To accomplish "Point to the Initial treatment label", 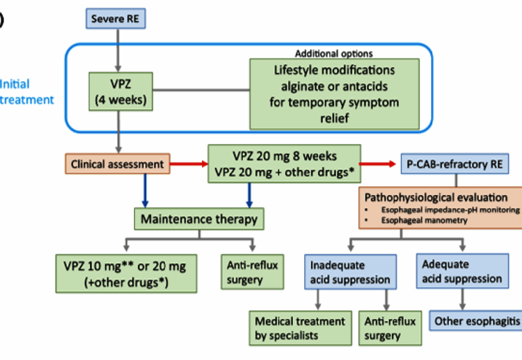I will pos(27,92).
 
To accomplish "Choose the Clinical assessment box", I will pos(117,163).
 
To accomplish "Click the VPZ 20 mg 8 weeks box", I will pos(284,163).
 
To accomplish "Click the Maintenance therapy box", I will pos(199,219).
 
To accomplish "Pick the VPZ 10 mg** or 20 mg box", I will pos(125,273).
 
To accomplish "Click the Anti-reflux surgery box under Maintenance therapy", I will pos(252,273).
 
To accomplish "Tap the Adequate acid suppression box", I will pos(462,271).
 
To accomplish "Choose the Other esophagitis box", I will pos(477,321).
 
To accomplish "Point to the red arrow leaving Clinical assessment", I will pos(189,163).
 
